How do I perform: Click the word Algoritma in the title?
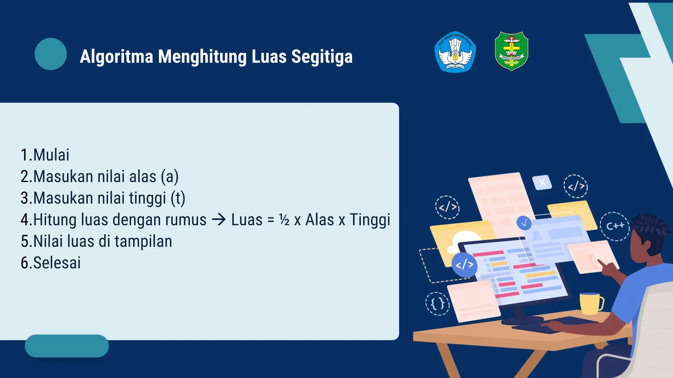tap(116, 56)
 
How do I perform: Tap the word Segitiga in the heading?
tap(322, 56)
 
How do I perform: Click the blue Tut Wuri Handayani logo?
tap(455, 52)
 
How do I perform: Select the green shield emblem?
tap(511, 51)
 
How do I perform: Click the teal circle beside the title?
tap(51, 54)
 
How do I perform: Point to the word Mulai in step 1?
tap(51, 155)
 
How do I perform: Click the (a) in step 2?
tap(170, 177)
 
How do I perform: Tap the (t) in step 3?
tap(178, 198)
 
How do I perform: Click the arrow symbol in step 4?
tap(219, 220)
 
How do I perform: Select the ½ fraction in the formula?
tap(284, 220)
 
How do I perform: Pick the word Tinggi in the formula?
tap(370, 220)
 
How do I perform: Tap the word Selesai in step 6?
tap(57, 263)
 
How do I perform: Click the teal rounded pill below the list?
tap(67, 346)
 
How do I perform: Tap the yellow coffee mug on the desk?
tap(591, 303)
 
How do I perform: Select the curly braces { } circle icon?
tap(437, 304)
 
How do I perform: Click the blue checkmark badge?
tap(524, 223)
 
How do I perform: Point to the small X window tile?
tap(542, 182)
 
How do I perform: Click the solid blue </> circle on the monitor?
tap(464, 264)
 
